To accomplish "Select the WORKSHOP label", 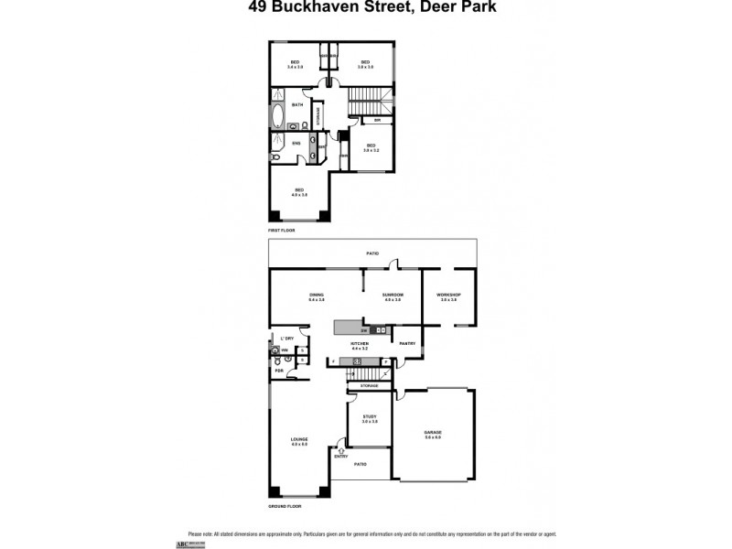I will tap(448, 295).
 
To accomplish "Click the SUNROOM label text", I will tap(393, 295).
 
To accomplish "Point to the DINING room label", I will tap(317, 295).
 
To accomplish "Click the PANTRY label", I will tap(407, 343).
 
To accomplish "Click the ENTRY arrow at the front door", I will tap(341, 449).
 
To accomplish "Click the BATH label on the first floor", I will tap(297, 104).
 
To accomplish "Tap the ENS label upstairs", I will tap(296, 143).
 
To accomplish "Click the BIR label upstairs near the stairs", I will tap(376, 120).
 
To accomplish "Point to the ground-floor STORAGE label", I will tap(369, 386).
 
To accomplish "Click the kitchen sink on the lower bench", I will tap(355, 361).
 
